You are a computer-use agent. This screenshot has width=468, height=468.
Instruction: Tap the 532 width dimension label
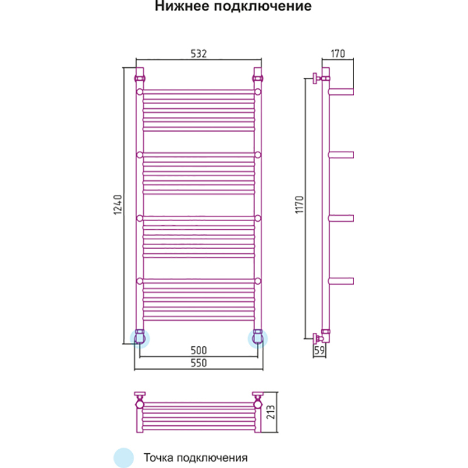tap(198, 54)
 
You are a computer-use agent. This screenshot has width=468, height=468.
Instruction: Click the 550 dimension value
tap(199, 363)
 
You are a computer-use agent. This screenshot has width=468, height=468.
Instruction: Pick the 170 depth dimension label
tap(338, 54)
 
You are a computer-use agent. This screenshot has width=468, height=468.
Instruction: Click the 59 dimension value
tap(319, 351)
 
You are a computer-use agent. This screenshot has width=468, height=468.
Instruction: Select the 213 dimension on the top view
tap(271, 412)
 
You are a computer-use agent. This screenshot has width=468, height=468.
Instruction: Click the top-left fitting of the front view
tap(140, 77)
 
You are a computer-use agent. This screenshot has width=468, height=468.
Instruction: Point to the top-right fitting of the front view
tap(258, 77)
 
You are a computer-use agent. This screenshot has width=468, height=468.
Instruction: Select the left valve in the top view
tap(140, 401)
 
